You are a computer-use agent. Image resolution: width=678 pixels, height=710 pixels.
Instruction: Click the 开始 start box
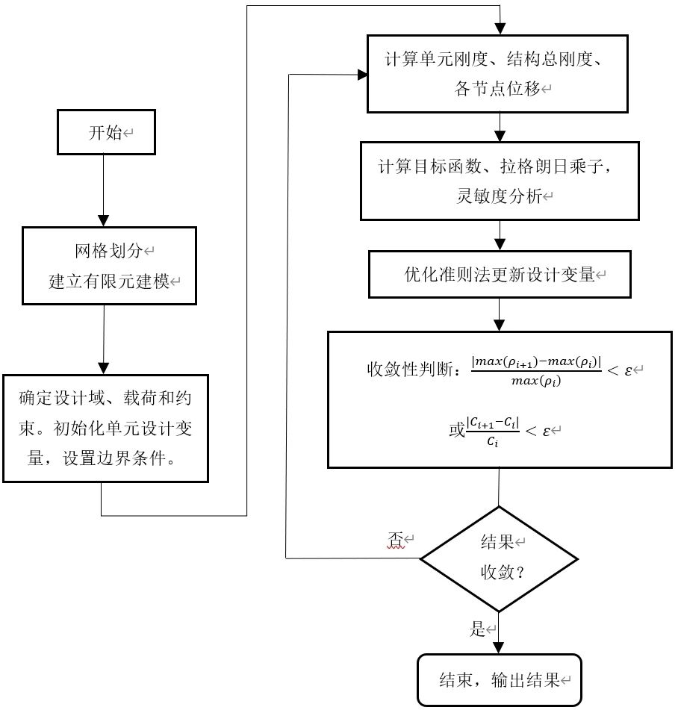[107, 133]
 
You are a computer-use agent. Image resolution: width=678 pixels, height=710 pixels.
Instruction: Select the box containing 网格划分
[109, 265]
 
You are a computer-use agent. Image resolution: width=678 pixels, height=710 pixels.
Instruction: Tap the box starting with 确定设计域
[105, 428]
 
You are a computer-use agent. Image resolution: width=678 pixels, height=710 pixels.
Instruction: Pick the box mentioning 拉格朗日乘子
[499, 180]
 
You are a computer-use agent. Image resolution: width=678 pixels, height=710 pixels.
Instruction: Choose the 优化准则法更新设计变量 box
[499, 275]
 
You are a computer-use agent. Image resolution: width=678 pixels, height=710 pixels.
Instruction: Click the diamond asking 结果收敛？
[499, 558]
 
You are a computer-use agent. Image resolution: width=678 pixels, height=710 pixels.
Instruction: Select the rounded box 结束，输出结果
[499, 679]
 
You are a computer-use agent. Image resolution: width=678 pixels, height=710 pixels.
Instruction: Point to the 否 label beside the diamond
[395, 539]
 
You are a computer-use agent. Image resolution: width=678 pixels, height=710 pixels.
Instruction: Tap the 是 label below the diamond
[478, 629]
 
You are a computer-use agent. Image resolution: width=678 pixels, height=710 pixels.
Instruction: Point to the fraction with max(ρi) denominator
[535, 370]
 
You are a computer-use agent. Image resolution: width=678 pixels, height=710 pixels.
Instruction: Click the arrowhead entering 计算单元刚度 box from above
[499, 28]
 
